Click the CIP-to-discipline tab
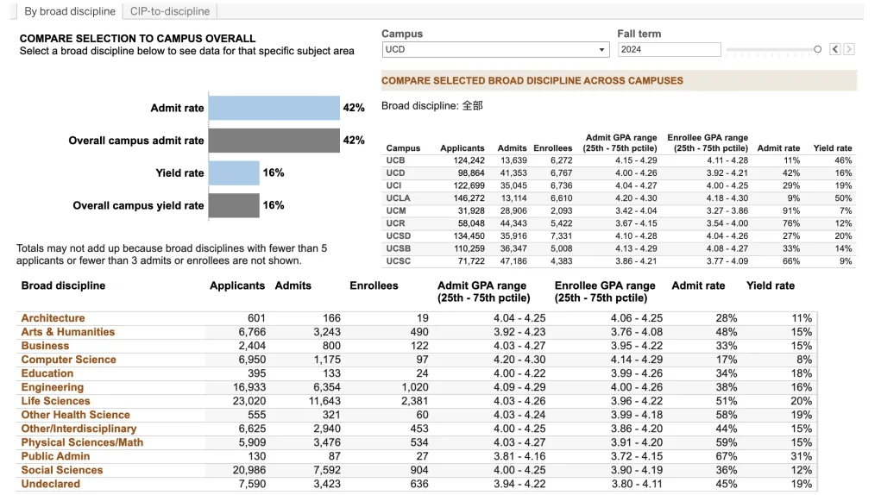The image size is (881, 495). (x=170, y=11)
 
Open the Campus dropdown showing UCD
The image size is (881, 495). (x=495, y=49)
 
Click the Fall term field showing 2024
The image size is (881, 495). (x=670, y=49)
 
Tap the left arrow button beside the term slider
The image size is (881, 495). (x=835, y=49)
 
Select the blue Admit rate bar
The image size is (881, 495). (x=274, y=108)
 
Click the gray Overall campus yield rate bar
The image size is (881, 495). (x=234, y=205)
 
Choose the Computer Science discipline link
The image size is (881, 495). (x=68, y=360)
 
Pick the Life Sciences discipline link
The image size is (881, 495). (x=55, y=401)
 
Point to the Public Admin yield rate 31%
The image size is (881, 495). (x=802, y=456)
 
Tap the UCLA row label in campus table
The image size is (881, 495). (x=398, y=198)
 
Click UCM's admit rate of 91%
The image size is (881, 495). (x=791, y=211)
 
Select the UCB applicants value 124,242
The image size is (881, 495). (x=469, y=160)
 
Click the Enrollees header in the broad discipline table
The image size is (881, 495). (x=374, y=285)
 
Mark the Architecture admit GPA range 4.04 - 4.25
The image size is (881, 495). (x=519, y=318)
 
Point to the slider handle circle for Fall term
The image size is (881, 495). (x=817, y=49)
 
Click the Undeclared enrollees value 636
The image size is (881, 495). (x=419, y=484)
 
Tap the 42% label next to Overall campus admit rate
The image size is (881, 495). (x=354, y=141)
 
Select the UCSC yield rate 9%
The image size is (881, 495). (x=846, y=261)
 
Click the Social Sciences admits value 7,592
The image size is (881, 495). (x=327, y=470)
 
